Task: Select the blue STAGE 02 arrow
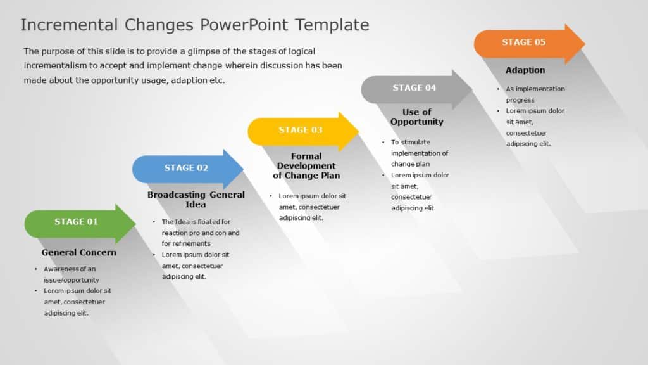186,169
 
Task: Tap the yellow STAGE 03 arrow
301,131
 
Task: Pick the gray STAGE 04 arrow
414,88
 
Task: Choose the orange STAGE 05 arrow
525,42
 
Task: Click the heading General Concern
79,252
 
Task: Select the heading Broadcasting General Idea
196,200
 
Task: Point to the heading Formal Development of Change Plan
306,165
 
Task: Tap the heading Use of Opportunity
416,117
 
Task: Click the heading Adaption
525,70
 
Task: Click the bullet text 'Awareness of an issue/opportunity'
71,274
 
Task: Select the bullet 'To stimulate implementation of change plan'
419,153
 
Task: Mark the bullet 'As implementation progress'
535,94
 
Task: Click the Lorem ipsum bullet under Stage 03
312,207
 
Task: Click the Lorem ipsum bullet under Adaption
535,127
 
